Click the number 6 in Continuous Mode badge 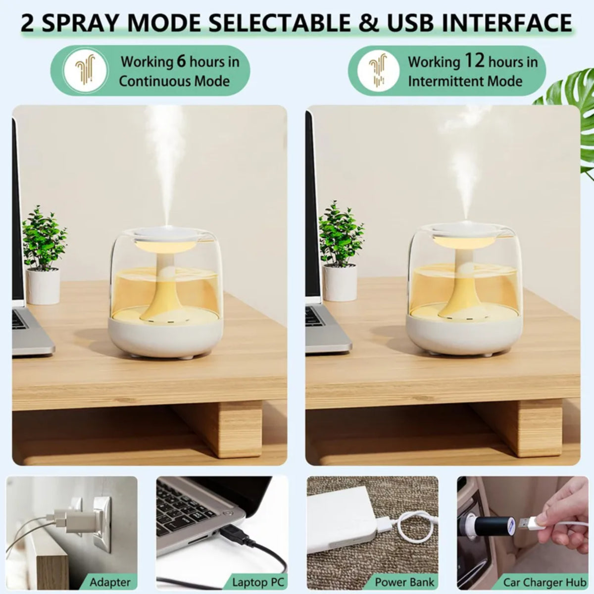tap(182, 61)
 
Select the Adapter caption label tap(110, 582)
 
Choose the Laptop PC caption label tap(257, 582)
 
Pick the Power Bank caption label tap(404, 582)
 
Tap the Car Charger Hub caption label tap(544, 582)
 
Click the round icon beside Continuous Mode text tap(86, 71)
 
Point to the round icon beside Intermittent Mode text tap(378, 71)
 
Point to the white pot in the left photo tap(43, 286)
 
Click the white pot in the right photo tap(340, 282)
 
